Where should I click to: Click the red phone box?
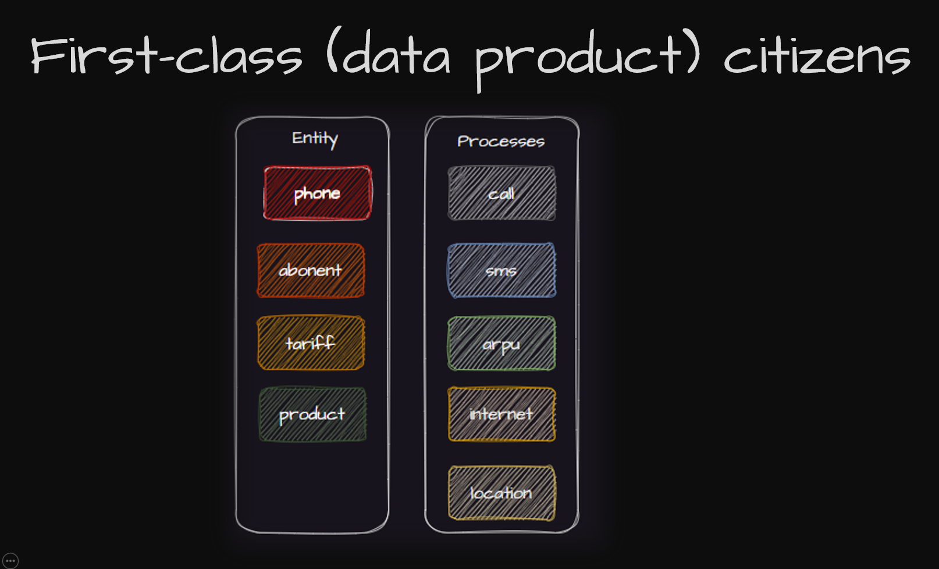click(x=318, y=193)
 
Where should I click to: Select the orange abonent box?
click(x=311, y=271)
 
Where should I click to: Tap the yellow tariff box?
click(x=311, y=343)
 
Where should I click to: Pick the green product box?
click(x=312, y=414)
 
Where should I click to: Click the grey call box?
click(x=501, y=193)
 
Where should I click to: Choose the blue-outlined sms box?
click(x=501, y=270)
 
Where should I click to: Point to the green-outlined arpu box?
click(x=501, y=343)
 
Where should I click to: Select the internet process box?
click(x=501, y=414)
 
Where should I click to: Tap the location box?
click(x=501, y=493)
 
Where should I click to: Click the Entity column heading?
click(x=315, y=139)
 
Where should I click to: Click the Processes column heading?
click(x=501, y=142)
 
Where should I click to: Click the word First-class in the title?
click(x=166, y=55)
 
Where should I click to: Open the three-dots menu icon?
click(x=10, y=560)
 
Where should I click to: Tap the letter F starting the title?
click(x=47, y=55)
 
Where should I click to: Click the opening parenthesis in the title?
click(x=332, y=50)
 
